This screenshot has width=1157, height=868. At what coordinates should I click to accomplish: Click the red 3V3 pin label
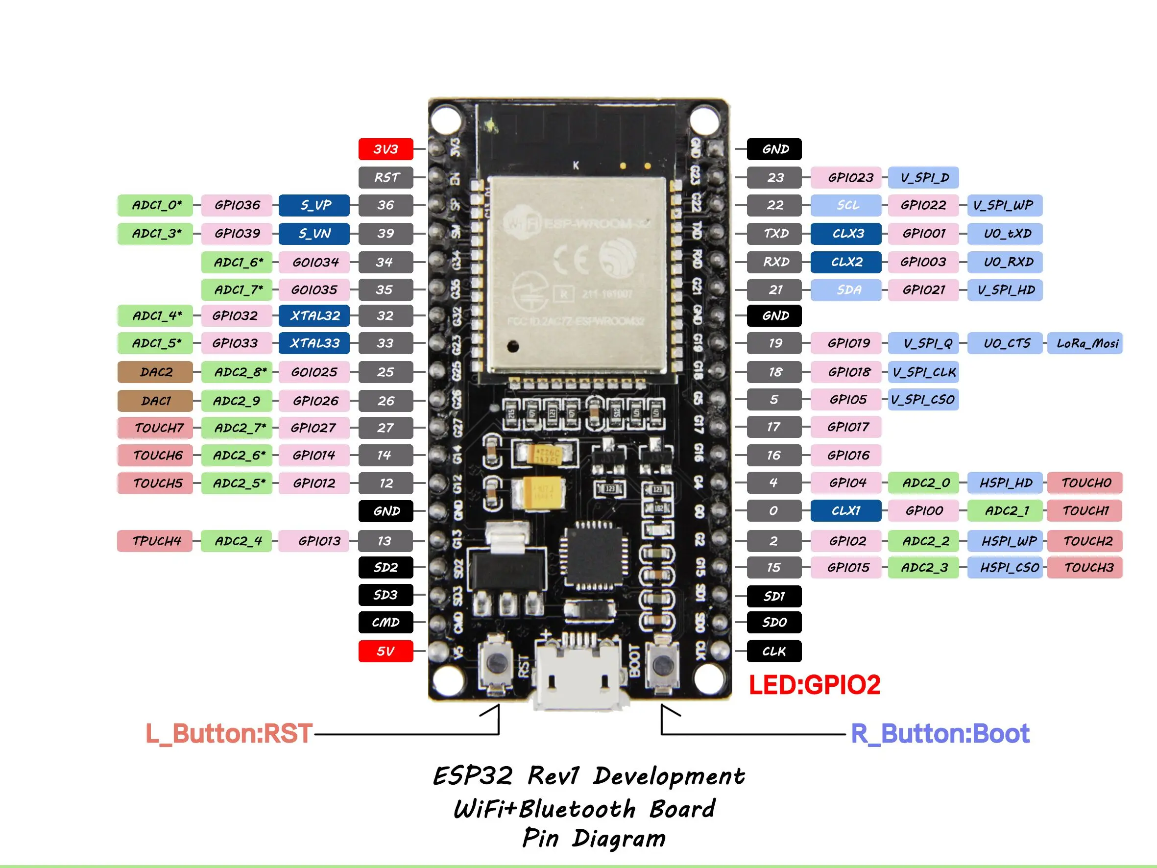386,149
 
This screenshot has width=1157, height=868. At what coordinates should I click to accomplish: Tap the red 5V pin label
386,651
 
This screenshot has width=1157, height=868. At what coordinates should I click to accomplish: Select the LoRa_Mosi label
1086,343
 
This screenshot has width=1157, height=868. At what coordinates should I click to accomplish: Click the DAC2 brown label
155,372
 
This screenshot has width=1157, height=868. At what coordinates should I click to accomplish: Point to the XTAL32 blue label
314,315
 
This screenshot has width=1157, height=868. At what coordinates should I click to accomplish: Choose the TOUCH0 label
1085,482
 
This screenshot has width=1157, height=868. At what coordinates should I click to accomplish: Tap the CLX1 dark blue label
845,510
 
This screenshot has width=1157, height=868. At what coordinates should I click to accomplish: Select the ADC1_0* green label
156,205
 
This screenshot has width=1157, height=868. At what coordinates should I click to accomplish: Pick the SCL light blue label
846,205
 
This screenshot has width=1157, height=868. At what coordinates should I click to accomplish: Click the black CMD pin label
386,622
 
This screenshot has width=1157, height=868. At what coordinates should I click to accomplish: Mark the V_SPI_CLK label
923,372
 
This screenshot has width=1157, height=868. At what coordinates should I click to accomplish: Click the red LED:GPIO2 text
814,685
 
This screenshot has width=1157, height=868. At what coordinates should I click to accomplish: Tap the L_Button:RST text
229,733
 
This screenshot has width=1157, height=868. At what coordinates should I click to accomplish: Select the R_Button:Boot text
940,733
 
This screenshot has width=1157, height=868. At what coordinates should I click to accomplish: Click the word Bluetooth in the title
578,809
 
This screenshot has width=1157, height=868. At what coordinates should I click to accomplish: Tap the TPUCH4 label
155,541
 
